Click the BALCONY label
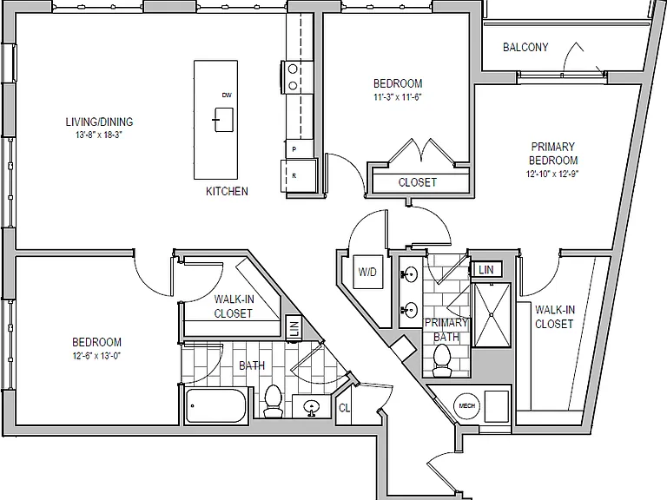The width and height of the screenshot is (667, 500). coord(525,47)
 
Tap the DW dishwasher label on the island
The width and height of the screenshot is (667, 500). coord(227,95)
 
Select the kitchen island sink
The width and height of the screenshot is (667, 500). coord(223,120)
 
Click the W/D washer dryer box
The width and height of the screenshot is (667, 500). coord(367,272)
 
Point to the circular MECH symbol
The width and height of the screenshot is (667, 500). coord(466,405)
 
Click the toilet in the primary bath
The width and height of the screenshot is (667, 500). coord(442,360)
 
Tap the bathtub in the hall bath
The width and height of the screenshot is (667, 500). coord(215,405)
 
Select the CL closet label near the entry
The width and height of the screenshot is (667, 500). coord(344,408)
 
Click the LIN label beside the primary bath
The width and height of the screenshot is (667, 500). coord(485,270)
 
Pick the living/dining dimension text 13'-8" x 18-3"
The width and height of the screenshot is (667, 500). coord(99,135)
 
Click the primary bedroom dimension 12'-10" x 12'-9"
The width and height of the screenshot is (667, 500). coord(552,174)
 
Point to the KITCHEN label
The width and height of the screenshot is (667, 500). coord(227,191)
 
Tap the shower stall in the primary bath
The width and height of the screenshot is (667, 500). coord(492,314)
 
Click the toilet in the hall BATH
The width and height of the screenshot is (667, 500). coord(273,400)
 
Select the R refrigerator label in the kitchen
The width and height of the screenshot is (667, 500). coord(294,175)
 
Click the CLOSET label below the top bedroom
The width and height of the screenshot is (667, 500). coord(417,182)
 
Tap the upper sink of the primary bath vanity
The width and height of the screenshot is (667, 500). coord(410,274)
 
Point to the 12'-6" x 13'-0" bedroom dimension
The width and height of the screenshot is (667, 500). coord(96,356)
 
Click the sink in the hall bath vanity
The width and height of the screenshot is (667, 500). coord(313,407)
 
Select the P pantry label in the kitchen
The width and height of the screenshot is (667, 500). coord(294,149)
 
